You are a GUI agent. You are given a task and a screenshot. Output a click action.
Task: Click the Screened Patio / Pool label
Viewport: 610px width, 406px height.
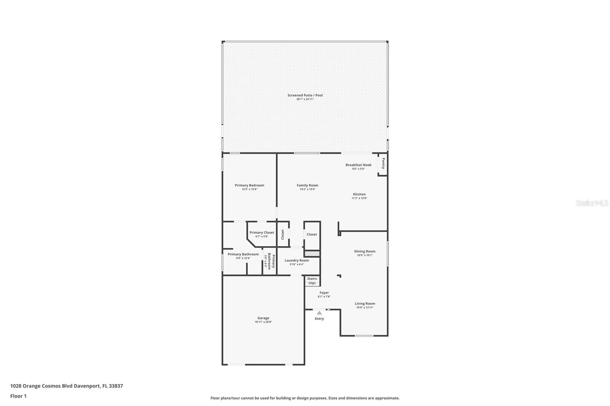pyautogui.click(x=305, y=95)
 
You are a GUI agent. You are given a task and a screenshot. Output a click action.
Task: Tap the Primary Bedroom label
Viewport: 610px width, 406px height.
pyautogui.click(x=249, y=185)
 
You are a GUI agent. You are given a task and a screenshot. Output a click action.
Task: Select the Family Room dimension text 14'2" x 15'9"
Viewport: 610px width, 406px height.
pyautogui.click(x=307, y=189)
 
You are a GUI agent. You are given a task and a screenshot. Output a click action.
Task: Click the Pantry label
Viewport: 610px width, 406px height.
pyautogui.click(x=383, y=164)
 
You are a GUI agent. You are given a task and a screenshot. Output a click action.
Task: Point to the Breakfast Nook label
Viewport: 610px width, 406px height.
pyautogui.click(x=358, y=165)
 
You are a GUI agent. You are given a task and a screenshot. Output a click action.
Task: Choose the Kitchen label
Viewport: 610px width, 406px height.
pyautogui.click(x=359, y=194)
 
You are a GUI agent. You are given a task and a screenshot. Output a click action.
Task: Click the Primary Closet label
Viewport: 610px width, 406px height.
pyautogui.click(x=262, y=232)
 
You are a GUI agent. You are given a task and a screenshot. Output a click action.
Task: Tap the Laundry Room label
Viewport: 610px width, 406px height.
pyautogui.click(x=297, y=261)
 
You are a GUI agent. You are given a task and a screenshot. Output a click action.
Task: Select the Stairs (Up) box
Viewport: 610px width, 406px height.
pyautogui.click(x=312, y=281)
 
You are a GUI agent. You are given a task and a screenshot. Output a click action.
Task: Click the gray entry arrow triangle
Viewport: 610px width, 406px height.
pyautogui.click(x=319, y=313)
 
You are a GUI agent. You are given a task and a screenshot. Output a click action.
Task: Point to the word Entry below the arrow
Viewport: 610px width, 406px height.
pyautogui.click(x=319, y=319)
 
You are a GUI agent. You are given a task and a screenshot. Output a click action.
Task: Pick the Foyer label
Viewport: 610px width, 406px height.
pyautogui.click(x=324, y=293)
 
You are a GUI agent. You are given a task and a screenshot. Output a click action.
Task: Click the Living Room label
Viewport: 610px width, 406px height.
pyautogui.click(x=365, y=304)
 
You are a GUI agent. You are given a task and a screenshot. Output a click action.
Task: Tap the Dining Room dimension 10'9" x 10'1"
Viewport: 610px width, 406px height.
pyautogui.click(x=365, y=256)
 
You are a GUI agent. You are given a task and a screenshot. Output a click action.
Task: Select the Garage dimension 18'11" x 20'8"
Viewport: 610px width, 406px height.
pyautogui.click(x=263, y=322)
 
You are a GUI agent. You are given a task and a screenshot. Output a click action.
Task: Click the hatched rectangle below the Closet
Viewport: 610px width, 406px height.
pyautogui.click(x=312, y=253)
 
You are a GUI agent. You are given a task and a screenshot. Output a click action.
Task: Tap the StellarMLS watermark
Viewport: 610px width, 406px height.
pyautogui.click(x=592, y=203)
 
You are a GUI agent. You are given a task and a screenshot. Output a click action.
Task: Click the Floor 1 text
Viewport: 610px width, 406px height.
pyautogui.click(x=18, y=396)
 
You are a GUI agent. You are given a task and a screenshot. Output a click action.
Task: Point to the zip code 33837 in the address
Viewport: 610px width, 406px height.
pyautogui.click(x=116, y=386)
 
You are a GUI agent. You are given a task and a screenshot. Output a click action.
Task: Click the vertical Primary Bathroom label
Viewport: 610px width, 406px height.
pyautogui.click(x=271, y=261)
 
